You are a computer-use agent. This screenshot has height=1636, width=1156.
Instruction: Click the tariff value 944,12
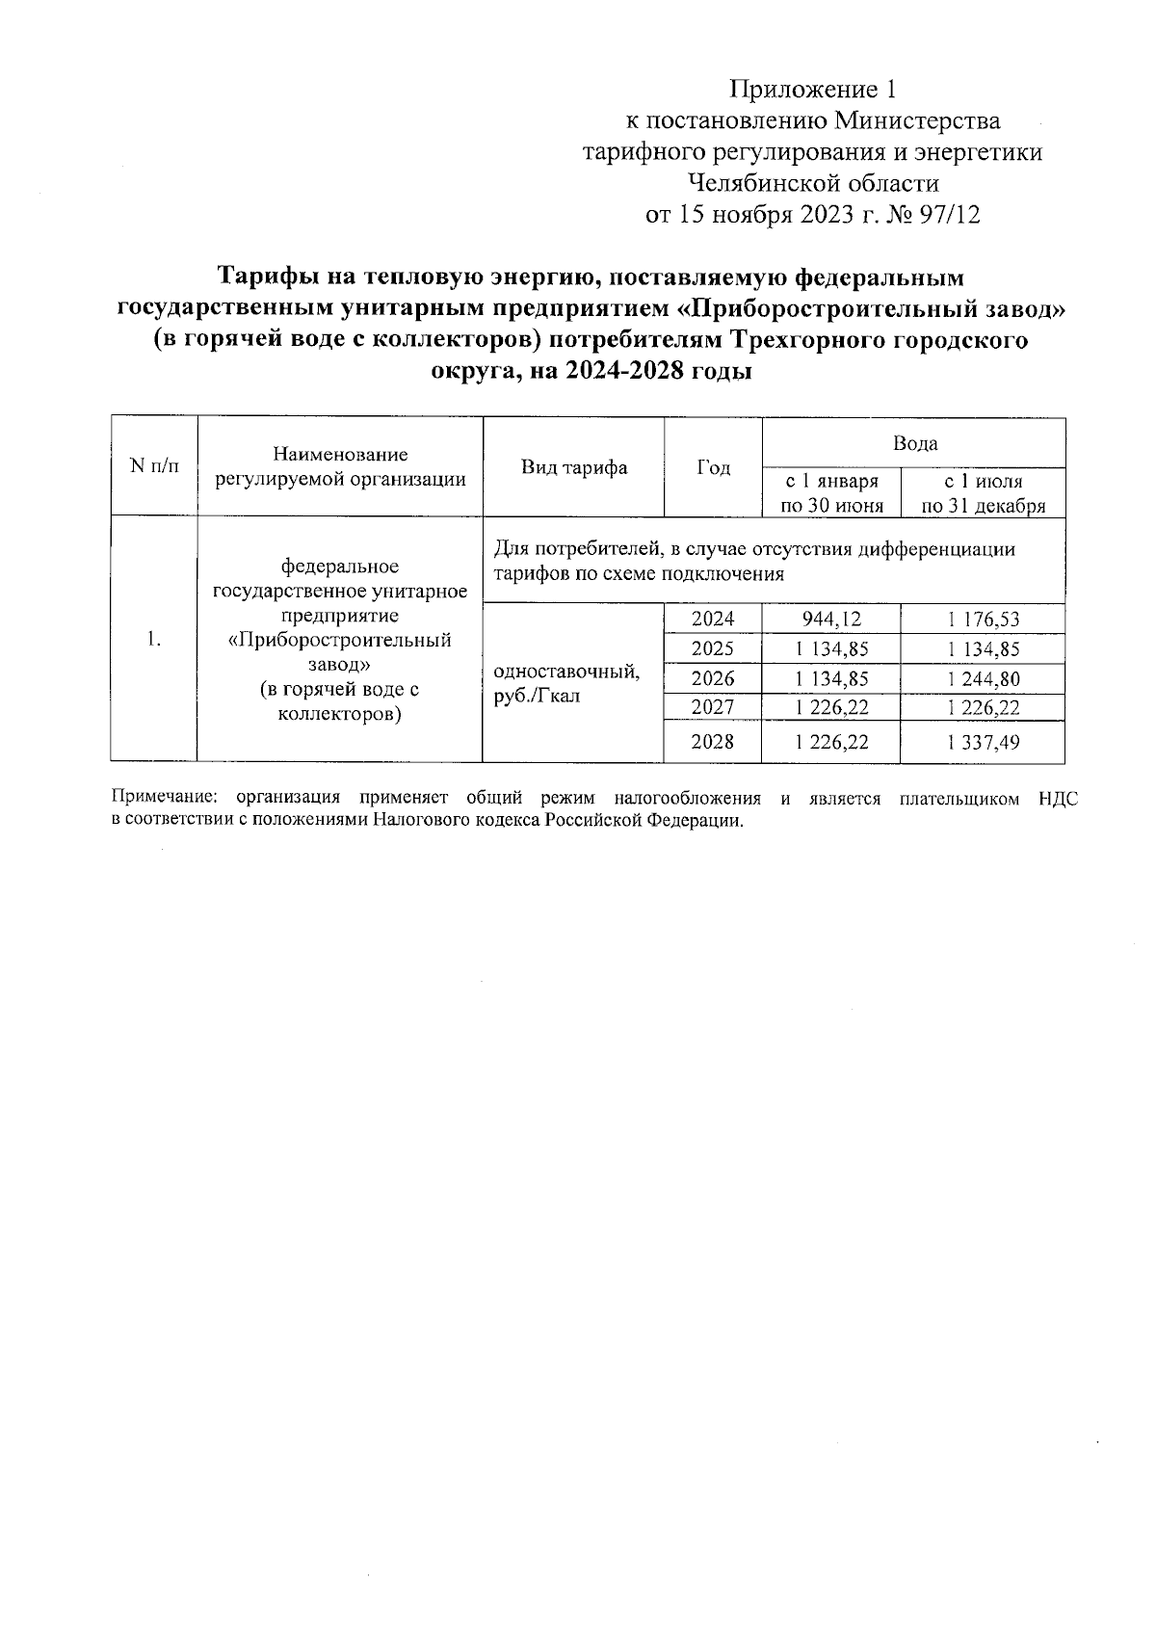[831, 619]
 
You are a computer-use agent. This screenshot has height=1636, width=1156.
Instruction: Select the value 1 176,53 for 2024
[983, 619]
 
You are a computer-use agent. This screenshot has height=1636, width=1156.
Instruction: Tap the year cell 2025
[713, 648]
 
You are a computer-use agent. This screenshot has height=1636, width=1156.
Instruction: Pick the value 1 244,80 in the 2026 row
[983, 678]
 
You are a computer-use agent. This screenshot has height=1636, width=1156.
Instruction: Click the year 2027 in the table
[713, 707]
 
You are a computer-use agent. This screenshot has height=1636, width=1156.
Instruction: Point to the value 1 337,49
[983, 742]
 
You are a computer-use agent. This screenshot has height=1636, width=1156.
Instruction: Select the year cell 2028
[713, 742]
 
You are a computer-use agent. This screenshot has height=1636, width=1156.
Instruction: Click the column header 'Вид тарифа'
[574, 467]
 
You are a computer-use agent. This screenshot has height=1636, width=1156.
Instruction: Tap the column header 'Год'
[713, 467]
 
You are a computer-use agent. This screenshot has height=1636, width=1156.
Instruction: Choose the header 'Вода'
[914, 443]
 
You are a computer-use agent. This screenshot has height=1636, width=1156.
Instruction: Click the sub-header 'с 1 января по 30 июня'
[831, 493]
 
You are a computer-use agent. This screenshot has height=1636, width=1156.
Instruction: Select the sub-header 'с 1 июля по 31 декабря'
[983, 493]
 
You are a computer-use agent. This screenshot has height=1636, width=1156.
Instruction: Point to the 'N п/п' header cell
[154, 466]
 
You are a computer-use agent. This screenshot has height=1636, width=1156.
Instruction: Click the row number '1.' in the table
[154, 640]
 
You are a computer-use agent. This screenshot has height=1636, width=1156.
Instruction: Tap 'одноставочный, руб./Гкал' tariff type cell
[566, 682]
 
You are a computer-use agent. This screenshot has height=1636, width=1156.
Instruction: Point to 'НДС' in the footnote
[1059, 798]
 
